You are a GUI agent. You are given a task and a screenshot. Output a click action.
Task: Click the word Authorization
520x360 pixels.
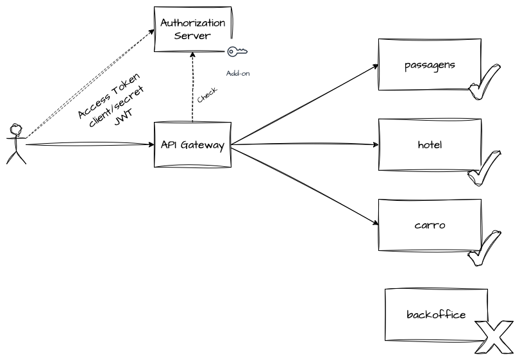pos(192,23)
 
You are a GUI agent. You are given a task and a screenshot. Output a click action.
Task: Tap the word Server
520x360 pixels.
pos(192,36)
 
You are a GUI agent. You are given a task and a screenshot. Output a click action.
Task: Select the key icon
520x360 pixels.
pos(237,53)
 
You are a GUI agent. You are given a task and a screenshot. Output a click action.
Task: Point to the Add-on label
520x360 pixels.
pos(238,73)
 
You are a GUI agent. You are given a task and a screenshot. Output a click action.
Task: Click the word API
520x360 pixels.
pos(169,145)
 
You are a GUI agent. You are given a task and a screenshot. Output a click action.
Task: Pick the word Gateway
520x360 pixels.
pos(203,145)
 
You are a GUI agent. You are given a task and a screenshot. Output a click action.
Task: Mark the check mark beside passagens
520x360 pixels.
pos(484,81)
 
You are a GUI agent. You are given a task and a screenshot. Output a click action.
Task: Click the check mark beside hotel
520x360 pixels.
pos(484,168)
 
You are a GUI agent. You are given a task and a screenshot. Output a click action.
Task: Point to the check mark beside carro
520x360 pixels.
pos(484,248)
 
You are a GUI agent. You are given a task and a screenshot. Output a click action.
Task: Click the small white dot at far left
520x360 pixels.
pos(17,131)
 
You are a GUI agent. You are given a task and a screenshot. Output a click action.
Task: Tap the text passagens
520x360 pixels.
pos(430,65)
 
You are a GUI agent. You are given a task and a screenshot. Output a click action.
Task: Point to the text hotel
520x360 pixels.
pos(430,145)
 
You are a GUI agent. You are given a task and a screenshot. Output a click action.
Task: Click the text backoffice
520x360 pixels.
pos(436,314)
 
